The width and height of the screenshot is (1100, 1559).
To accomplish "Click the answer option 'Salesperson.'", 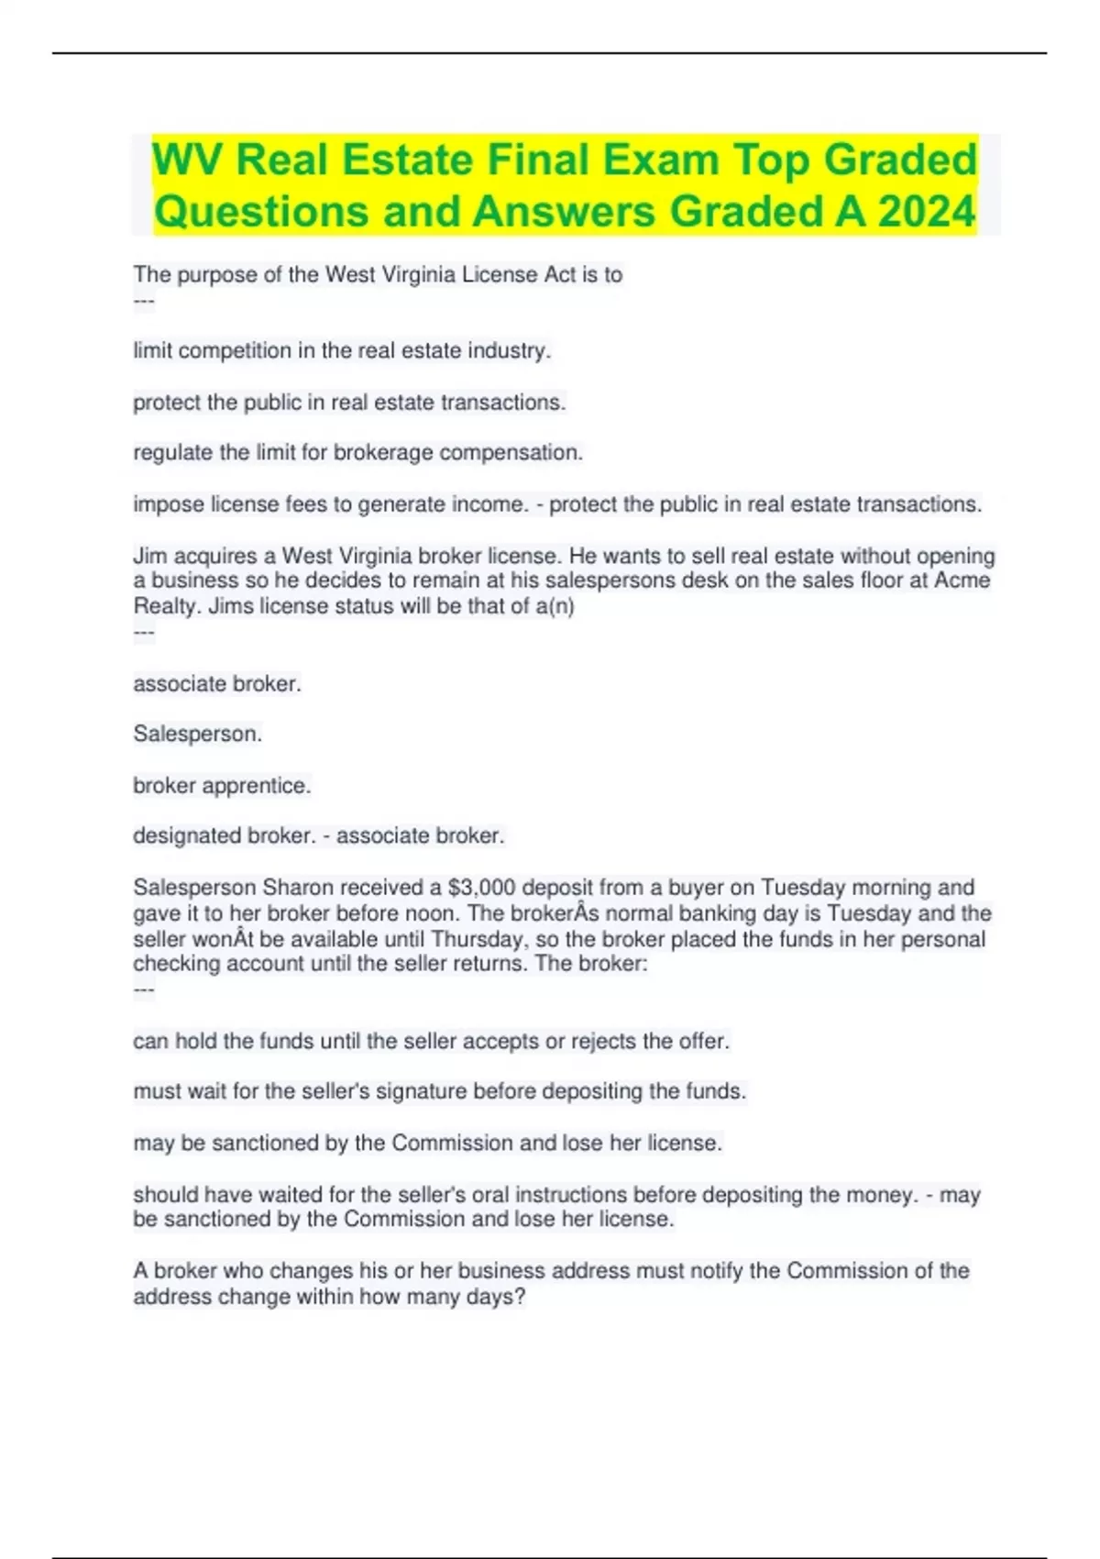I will pyautogui.click(x=197, y=734).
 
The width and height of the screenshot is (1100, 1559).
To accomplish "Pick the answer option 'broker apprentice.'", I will pyautogui.click(x=222, y=786).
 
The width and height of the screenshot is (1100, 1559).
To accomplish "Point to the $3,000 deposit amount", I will pyautogui.click(x=482, y=888).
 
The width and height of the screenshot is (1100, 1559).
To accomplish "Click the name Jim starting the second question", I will pyautogui.click(x=149, y=557).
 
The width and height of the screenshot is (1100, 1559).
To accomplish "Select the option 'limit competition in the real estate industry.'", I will pyautogui.click(x=342, y=350).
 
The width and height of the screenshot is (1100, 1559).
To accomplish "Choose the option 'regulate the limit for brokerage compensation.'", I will pyautogui.click(x=357, y=453).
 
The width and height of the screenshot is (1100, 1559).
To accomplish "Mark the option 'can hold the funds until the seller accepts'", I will pyautogui.click(x=431, y=1042).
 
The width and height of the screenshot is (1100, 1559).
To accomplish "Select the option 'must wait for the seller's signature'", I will pyautogui.click(x=439, y=1091).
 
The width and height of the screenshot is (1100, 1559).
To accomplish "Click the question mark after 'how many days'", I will pyautogui.click(x=520, y=1298).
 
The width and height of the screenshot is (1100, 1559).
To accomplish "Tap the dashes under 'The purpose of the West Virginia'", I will pyautogui.click(x=144, y=302).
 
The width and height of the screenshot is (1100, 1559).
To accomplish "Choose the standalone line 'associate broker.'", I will pyautogui.click(x=217, y=684).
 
